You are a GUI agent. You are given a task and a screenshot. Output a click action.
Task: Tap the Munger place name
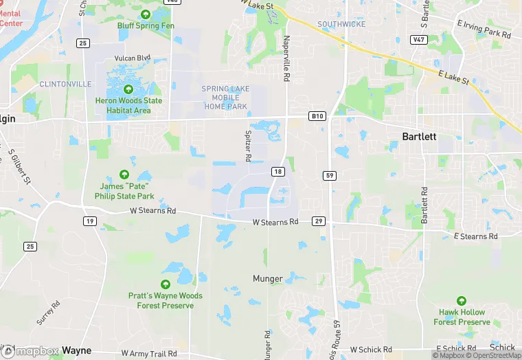click(267, 278)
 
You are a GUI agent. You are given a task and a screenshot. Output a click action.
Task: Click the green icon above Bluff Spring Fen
click(146, 14)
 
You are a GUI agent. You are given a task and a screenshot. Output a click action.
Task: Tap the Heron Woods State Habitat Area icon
click(128, 89)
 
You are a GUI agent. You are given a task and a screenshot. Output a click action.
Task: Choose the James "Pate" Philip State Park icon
click(124, 175)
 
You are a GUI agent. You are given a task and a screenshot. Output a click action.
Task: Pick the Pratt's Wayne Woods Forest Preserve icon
click(165, 284)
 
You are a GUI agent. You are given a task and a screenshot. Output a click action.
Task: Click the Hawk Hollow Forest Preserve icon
click(462, 300)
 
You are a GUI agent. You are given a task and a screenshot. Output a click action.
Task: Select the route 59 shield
click(330, 176)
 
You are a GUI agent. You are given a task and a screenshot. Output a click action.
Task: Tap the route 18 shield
click(277, 171)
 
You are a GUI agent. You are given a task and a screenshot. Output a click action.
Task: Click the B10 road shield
click(316, 116)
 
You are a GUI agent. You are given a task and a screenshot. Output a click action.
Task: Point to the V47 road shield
click(418, 41)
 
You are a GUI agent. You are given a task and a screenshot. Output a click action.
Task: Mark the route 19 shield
click(90, 221)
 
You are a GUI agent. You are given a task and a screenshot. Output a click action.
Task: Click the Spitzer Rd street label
click(247, 146)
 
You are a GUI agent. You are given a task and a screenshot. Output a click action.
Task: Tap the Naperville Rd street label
click(286, 58)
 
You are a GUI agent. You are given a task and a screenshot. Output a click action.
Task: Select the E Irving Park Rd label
click(484, 29)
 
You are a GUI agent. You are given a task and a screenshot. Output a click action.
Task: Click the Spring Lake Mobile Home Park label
click(225, 98)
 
